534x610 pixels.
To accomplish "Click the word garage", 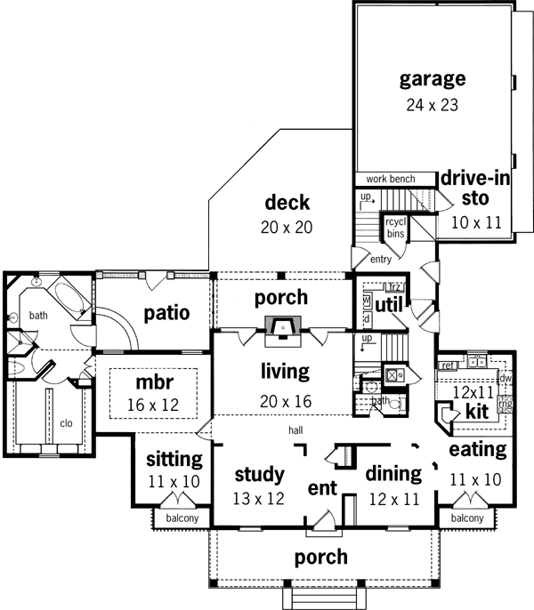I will pyautogui.click(x=432, y=79).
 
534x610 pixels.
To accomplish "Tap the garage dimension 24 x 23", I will pyautogui.click(x=432, y=106).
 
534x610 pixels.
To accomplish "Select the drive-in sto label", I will pyautogui.click(x=476, y=188).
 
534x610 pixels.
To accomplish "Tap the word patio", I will pyautogui.click(x=166, y=313).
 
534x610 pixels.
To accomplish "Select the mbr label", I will pyautogui.click(x=152, y=383).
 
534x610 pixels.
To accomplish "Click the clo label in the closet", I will pyautogui.click(x=66, y=423).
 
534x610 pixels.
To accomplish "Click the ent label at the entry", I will pyautogui.click(x=321, y=488).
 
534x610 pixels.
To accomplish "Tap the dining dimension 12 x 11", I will pyautogui.click(x=392, y=498).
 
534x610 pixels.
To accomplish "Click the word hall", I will pyautogui.click(x=295, y=431).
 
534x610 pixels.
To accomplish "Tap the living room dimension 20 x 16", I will pyautogui.click(x=285, y=401).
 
